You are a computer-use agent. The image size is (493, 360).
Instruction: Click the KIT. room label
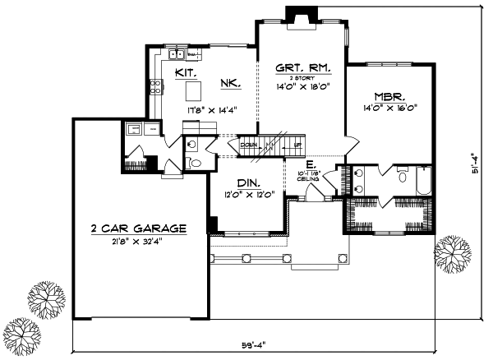pyautogui.click(x=185, y=72)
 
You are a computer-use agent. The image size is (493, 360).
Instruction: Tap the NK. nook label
pyautogui.click(x=228, y=82)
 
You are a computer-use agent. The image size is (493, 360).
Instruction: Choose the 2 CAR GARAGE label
pyautogui.click(x=139, y=228)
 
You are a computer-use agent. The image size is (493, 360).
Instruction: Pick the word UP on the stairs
pyautogui.click(x=297, y=145)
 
